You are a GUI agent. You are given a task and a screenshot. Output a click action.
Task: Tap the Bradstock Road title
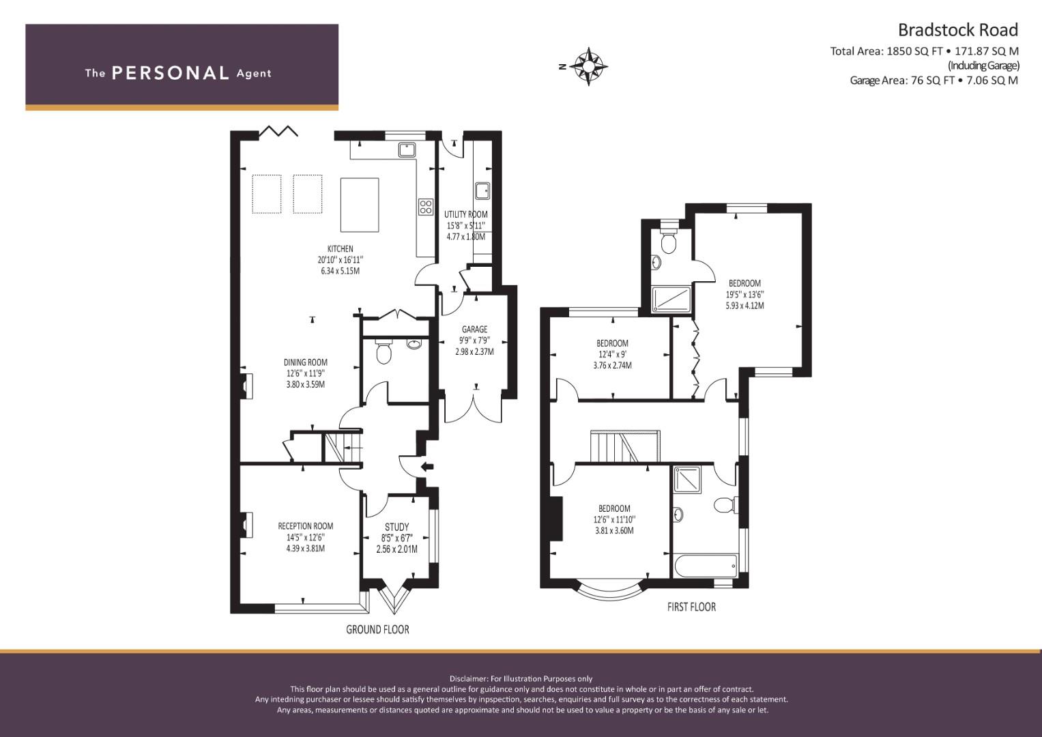pyautogui.click(x=958, y=30)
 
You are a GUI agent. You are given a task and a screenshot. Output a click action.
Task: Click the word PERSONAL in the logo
pyautogui.click(x=171, y=73)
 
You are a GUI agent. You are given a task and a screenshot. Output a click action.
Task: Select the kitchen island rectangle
pyautogui.click(x=360, y=205)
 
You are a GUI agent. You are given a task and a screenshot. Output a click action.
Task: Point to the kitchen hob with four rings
pyautogui.click(x=426, y=207)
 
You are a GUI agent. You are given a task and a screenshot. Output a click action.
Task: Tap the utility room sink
pyautogui.click(x=482, y=191)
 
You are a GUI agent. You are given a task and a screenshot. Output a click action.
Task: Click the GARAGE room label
pyautogui.click(x=474, y=330)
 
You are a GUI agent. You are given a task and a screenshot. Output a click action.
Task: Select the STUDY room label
pyautogui.click(x=396, y=527)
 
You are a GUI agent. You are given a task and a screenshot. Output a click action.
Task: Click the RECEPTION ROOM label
pyautogui.click(x=306, y=526)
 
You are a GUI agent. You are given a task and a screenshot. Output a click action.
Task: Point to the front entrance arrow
pyautogui.click(x=427, y=467)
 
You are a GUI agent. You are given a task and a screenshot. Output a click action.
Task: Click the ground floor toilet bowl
pyautogui.click(x=383, y=352)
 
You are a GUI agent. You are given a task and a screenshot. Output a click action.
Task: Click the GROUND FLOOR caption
pyautogui.click(x=378, y=629)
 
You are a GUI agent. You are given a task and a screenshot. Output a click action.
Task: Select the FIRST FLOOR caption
pyautogui.click(x=692, y=607)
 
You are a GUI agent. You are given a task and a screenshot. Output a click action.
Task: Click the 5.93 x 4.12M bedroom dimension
pyautogui.click(x=744, y=306)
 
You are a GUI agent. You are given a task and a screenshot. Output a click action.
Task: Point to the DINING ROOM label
pyautogui.click(x=306, y=362)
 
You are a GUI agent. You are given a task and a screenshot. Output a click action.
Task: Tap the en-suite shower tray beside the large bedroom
pyautogui.click(x=671, y=300)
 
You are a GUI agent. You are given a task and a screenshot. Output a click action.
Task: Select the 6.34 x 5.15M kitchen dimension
pyautogui.click(x=340, y=271)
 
